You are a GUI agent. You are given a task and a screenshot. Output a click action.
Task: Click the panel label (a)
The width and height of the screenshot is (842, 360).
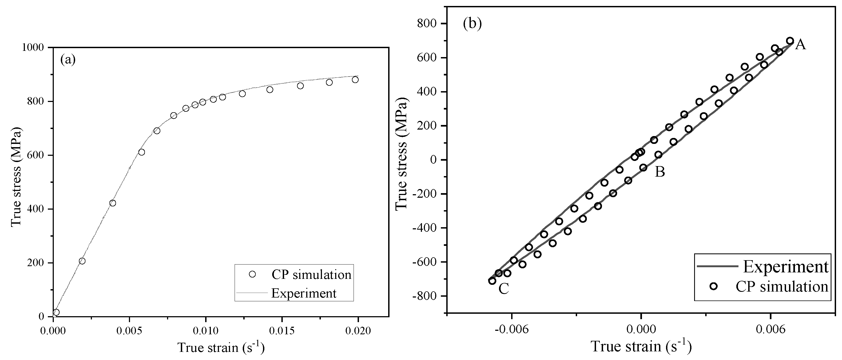pos(68,60)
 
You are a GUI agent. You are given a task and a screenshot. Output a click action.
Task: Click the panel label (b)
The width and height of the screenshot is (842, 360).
pos(472,24)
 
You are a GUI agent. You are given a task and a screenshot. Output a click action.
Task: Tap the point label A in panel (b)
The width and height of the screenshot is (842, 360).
pos(800,44)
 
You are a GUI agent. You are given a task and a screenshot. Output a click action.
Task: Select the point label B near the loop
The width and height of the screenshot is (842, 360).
pos(660,172)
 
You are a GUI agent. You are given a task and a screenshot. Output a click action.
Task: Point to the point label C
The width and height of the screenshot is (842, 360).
pos(504,289)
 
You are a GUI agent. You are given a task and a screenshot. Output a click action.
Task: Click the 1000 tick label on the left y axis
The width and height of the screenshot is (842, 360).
pos(32,47)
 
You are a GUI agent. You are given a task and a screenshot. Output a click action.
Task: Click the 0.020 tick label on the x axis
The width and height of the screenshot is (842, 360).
pos(358,331)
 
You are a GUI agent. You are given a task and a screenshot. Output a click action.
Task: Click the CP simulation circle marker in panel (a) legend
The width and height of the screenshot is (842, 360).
pos(252,274)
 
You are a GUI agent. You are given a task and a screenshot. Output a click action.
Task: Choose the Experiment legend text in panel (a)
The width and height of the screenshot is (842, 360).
pos(304,293)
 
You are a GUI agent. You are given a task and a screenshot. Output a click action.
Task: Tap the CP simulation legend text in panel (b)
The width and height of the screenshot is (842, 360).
pos(781,286)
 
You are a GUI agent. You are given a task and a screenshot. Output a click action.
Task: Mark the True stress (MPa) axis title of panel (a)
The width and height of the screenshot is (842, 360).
pos(16,177)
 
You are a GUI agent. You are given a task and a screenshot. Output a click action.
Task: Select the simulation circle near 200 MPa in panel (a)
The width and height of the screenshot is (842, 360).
pos(82,261)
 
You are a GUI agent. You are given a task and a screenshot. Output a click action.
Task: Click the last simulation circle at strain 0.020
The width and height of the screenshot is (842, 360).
pos(355,80)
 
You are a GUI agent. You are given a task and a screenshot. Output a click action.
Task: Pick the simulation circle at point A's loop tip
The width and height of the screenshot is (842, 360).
pos(790,41)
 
